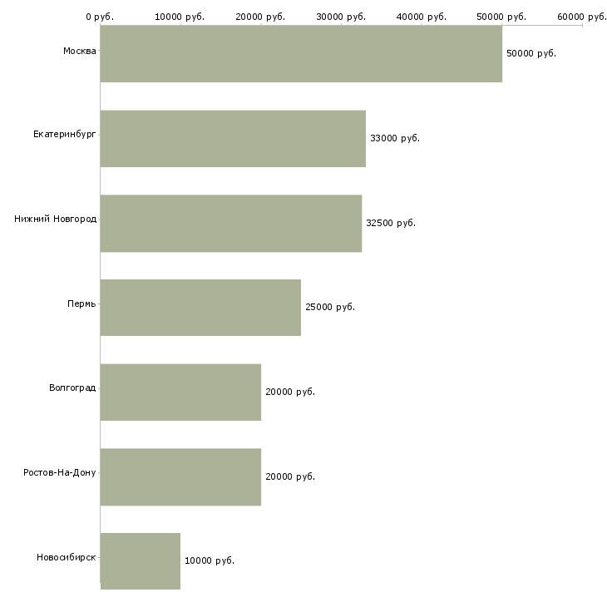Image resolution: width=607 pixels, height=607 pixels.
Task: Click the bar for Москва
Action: pyautogui.click(x=301, y=54)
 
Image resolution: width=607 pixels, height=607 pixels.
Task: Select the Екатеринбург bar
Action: pyautogui.click(x=233, y=139)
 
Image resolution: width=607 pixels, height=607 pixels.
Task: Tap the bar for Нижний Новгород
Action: pyautogui.click(x=231, y=224)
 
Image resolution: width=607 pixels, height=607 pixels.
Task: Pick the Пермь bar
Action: pyautogui.click(x=200, y=308)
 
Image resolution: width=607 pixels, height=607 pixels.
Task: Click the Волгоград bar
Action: pyautogui.click(x=180, y=392)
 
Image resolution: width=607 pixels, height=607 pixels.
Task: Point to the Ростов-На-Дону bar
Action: pyautogui.click(x=180, y=477)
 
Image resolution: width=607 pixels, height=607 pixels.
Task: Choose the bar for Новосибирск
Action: pyautogui.click(x=141, y=561)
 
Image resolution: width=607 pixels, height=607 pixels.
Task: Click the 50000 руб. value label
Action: pyautogui.click(x=531, y=53)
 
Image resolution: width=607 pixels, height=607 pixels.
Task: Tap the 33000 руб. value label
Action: pyautogui.click(x=395, y=138)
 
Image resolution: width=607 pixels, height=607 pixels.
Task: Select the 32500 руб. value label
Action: pyautogui.click(x=391, y=223)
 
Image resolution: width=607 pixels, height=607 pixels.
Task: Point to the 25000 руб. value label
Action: pyautogui.click(x=330, y=307)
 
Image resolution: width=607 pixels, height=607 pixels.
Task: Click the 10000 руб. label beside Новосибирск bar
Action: pyautogui.click(x=210, y=560)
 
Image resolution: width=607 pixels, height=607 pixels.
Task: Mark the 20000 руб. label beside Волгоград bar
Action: pyautogui.click(x=290, y=392)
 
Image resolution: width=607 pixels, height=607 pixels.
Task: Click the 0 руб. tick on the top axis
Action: pyautogui.click(x=100, y=17)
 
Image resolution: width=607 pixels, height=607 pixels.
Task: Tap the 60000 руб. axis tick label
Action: pyautogui.click(x=582, y=17)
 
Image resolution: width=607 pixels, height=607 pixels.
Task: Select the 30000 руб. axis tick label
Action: pyautogui.click(x=341, y=17)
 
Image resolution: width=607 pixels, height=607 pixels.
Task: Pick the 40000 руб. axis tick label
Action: pyautogui.click(x=422, y=17)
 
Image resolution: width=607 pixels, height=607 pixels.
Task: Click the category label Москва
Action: pyautogui.click(x=79, y=52)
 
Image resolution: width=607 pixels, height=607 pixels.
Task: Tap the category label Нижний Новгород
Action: pyautogui.click(x=55, y=220)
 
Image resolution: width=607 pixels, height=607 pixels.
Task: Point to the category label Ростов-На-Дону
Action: pyautogui.click(x=60, y=472)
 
